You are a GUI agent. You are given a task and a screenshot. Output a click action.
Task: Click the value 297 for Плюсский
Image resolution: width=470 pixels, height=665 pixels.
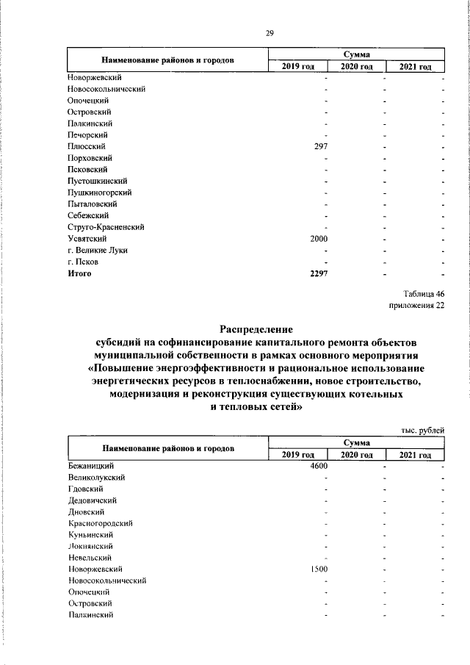tap(320, 146)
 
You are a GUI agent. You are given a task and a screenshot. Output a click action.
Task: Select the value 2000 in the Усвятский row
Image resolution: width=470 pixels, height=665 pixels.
tap(319, 239)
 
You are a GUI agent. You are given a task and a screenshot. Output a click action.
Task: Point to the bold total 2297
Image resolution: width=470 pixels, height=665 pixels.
tap(319, 273)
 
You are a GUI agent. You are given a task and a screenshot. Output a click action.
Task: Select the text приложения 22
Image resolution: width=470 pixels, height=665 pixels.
tap(416, 306)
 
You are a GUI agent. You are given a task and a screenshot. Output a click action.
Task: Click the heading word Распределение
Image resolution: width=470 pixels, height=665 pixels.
tap(257, 330)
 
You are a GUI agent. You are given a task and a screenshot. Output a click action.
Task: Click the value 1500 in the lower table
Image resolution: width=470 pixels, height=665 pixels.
tap(319, 569)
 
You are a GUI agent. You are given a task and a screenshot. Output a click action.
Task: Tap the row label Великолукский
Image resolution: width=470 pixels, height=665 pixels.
tap(95, 478)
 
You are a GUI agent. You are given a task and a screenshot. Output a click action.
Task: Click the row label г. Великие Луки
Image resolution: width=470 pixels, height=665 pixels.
tap(97, 250)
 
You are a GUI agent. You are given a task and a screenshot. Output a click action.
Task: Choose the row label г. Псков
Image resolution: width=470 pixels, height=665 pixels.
tap(82, 262)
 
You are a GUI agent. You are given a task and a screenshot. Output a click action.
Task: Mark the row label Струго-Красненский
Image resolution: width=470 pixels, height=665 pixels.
tap(105, 227)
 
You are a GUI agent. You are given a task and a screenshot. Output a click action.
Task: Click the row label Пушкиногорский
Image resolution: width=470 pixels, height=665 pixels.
tap(98, 192)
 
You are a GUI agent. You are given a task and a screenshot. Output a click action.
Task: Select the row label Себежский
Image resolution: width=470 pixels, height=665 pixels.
tap(87, 215)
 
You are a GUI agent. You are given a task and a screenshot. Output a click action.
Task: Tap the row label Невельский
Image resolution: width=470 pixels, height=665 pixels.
tap(89, 558)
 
